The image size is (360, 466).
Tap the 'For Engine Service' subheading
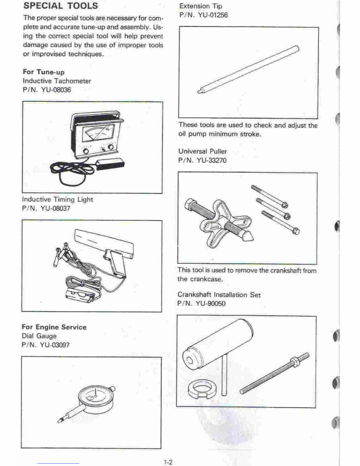(54, 327)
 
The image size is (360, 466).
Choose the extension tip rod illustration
(248, 69)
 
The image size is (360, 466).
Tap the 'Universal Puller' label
(202, 151)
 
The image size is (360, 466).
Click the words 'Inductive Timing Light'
(57, 199)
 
